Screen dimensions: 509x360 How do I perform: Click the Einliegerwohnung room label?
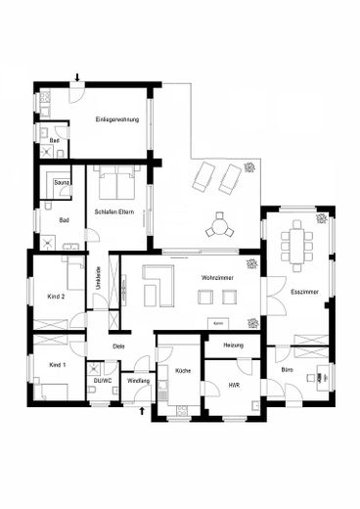pyautogui.click(x=116, y=119)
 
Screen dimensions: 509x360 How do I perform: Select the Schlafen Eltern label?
pyautogui.click(x=113, y=212)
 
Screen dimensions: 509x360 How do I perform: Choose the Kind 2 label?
pyautogui.click(x=56, y=295)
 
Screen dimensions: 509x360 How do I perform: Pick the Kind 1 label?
pyautogui.click(x=57, y=364)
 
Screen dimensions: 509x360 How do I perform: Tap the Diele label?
pyautogui.click(x=118, y=347)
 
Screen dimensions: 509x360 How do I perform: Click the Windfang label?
pyautogui.click(x=138, y=379)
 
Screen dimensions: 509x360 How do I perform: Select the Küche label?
pyautogui.click(x=182, y=372)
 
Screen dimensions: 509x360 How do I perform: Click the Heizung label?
pyautogui.click(x=233, y=346)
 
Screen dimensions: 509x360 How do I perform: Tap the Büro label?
pyautogui.click(x=287, y=371)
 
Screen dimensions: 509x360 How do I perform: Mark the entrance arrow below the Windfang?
pyautogui.click(x=145, y=411)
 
